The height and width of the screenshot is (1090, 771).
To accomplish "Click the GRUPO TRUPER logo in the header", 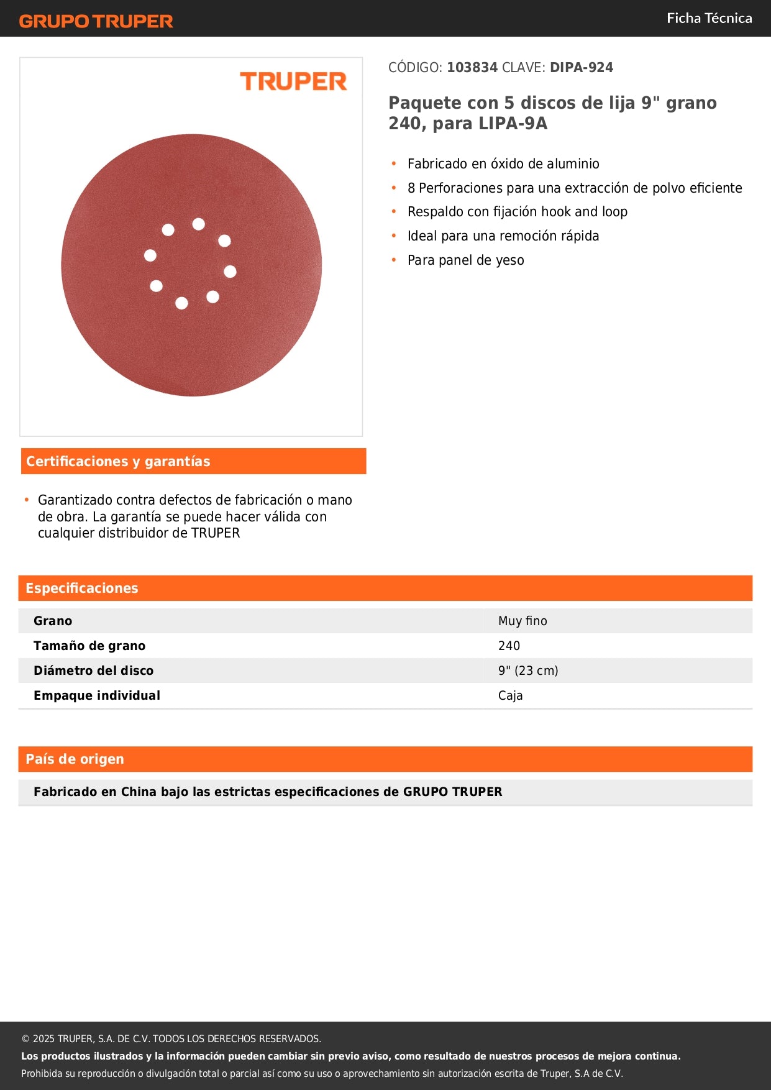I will click(96, 21).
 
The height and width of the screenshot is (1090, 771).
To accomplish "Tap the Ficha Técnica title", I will click(709, 19).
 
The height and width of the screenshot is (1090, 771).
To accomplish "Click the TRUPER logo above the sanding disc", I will click(293, 81).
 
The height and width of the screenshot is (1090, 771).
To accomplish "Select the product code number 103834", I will click(472, 68).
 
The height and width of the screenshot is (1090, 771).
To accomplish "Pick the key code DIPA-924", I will click(581, 68).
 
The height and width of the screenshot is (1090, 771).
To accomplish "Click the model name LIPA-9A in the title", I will click(513, 124).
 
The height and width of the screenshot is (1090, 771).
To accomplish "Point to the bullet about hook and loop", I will click(517, 212).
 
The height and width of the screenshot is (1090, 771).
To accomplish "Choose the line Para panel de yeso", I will click(465, 260).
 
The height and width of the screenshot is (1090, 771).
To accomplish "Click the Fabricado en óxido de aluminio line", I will click(503, 164).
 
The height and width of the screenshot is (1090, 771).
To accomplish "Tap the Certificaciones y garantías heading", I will click(118, 461).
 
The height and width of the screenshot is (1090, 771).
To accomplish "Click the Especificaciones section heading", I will click(81, 588).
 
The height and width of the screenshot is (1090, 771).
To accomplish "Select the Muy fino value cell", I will click(522, 621).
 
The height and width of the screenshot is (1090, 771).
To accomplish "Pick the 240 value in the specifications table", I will click(509, 646).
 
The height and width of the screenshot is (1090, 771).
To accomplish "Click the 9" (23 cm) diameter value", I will click(528, 671).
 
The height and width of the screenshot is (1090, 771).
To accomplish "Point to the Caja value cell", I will click(510, 695).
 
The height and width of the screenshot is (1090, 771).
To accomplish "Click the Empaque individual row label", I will click(97, 695).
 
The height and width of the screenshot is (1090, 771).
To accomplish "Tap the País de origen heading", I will click(75, 759).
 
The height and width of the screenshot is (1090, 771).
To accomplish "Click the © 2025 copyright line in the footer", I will click(171, 1038).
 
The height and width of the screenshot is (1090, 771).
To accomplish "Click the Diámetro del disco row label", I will click(93, 671).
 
